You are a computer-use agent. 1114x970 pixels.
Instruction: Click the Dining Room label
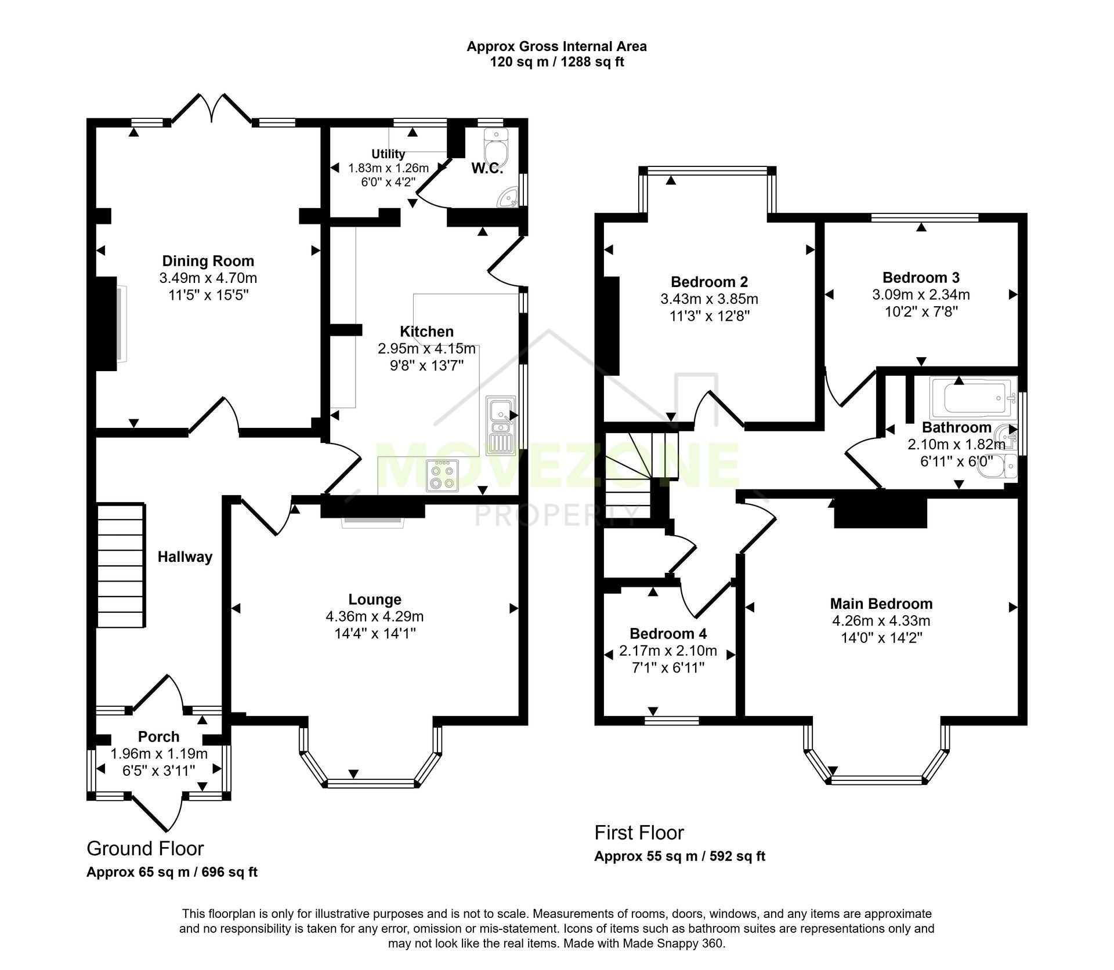point(208,261)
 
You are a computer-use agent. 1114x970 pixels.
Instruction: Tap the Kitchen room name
point(426,332)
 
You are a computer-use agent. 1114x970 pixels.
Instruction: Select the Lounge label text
point(375,600)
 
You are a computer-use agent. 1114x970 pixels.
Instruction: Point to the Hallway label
point(185,557)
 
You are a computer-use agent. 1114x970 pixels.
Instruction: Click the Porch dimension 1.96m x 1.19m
point(159,754)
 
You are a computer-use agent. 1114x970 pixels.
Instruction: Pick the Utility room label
point(388,154)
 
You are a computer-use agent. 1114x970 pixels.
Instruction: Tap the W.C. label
point(487,169)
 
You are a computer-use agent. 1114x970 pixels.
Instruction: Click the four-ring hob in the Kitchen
point(442,476)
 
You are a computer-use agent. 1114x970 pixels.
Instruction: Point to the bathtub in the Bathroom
point(972,398)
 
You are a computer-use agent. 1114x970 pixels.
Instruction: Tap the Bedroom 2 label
point(709,282)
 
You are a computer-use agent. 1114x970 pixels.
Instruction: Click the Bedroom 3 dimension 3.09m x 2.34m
point(921,295)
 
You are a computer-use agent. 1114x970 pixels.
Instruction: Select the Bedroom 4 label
point(668,634)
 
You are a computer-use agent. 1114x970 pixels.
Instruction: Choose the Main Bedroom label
point(881,604)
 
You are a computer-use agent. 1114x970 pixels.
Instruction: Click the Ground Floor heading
point(145,849)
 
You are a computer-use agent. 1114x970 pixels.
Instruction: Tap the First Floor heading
point(639,833)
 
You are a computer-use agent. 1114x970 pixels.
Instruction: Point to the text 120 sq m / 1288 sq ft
point(556,62)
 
